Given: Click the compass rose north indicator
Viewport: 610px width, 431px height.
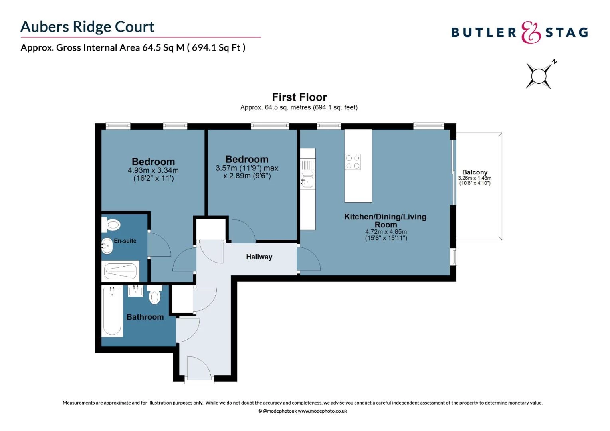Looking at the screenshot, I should [x=539, y=75].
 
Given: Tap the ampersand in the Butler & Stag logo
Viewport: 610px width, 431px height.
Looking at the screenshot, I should [x=531, y=33].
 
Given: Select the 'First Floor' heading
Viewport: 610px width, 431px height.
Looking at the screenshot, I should [x=299, y=97].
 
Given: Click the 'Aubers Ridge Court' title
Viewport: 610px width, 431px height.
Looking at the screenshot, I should [x=87, y=27].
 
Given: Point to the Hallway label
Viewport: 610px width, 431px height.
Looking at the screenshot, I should [x=259, y=257].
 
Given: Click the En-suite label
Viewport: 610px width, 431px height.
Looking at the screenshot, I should [x=125, y=241].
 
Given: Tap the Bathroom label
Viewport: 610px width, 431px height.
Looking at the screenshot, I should [x=145, y=317].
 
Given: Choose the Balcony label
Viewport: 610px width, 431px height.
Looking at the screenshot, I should [x=475, y=172].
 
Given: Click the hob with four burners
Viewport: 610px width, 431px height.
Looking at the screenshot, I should [x=353, y=162].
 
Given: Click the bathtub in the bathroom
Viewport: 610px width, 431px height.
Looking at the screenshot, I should [x=112, y=311].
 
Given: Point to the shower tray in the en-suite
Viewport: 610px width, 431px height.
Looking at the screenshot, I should [x=121, y=271].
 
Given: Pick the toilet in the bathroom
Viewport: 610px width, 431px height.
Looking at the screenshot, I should [x=154, y=296].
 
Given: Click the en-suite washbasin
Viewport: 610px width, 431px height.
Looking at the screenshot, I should [x=107, y=246].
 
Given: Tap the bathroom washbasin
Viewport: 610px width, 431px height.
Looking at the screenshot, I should [x=135, y=291].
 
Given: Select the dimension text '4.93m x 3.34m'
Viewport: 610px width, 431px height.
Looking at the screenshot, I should [x=153, y=170].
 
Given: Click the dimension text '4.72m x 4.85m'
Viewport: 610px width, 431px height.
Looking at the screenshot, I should [x=386, y=232].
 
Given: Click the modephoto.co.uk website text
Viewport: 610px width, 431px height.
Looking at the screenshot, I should [x=322, y=411].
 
